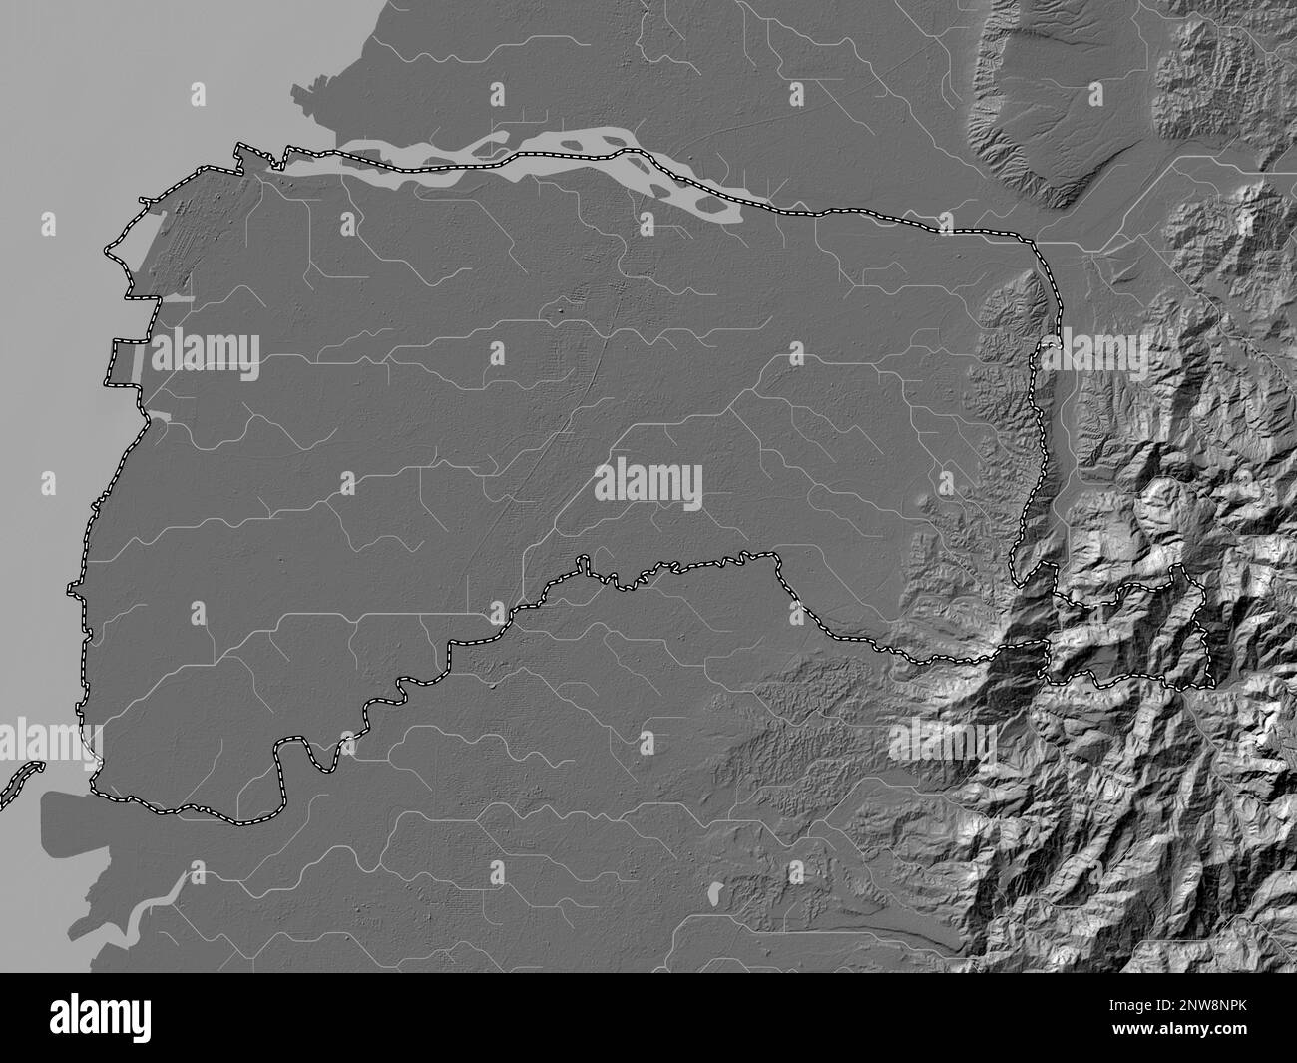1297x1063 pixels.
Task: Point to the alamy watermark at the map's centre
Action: click(x=648, y=486)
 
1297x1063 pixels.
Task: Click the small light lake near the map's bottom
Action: click(x=717, y=891)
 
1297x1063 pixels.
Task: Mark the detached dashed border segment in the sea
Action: click(x=20, y=784)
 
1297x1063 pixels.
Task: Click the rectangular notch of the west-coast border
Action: click(x=124, y=362)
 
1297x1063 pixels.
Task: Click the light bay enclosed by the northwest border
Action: click(x=175, y=298)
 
